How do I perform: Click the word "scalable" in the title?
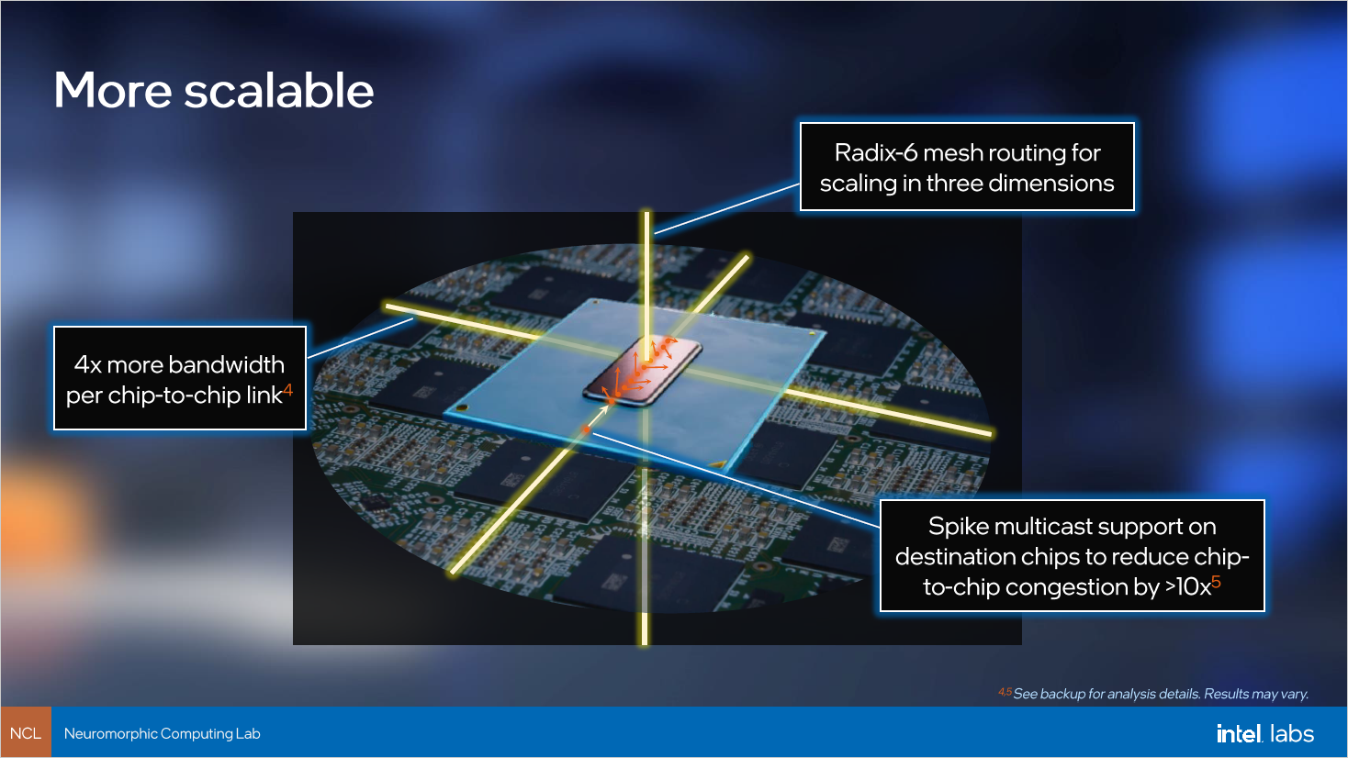(x=279, y=91)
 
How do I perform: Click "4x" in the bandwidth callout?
(x=87, y=365)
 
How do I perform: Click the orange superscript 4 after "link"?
(x=288, y=390)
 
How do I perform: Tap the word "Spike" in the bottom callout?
(x=958, y=527)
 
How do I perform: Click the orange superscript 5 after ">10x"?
(x=1217, y=582)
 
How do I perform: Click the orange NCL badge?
(x=26, y=732)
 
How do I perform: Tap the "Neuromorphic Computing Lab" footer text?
(x=163, y=733)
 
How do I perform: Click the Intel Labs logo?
(x=1264, y=733)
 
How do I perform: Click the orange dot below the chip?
(x=587, y=429)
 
